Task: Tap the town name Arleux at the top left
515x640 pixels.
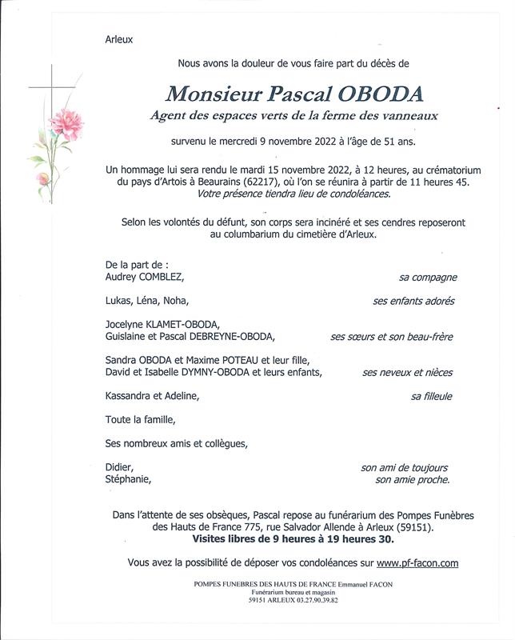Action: click(119, 38)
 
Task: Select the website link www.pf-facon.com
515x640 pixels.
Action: click(417, 563)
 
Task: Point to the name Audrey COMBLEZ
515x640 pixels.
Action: click(145, 277)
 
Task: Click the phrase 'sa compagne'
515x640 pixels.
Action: click(428, 278)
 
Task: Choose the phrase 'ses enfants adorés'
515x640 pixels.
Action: click(413, 302)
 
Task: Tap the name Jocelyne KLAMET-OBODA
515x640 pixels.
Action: click(162, 324)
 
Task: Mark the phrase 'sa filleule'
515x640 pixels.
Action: click(431, 396)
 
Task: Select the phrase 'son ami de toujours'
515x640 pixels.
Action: click(405, 468)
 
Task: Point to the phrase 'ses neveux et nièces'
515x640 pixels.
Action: click(407, 372)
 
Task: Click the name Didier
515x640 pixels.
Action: click(119, 468)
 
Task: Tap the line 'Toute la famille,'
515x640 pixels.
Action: click(140, 419)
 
